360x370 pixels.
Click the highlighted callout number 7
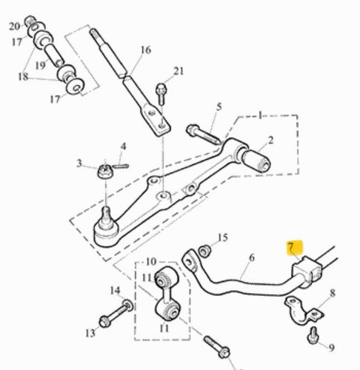click(x=291, y=247)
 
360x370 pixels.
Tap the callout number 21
click(x=179, y=71)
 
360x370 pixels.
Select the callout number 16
click(x=146, y=50)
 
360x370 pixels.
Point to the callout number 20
click(x=14, y=26)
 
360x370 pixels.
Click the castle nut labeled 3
click(x=105, y=171)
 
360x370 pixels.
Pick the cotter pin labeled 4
click(x=120, y=166)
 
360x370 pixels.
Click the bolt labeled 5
click(x=204, y=135)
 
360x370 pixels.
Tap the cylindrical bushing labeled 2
click(x=256, y=161)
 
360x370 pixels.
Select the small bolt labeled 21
click(x=161, y=94)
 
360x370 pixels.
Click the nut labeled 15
click(x=204, y=251)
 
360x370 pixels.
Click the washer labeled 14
click(x=128, y=306)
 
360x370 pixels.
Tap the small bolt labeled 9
click(x=313, y=335)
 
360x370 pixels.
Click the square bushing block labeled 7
click(x=307, y=271)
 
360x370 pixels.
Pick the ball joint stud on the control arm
click(x=106, y=217)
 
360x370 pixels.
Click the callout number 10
click(x=151, y=261)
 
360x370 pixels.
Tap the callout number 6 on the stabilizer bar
click(x=252, y=258)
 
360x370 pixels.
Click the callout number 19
click(x=41, y=65)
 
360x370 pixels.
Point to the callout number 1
click(x=260, y=115)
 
